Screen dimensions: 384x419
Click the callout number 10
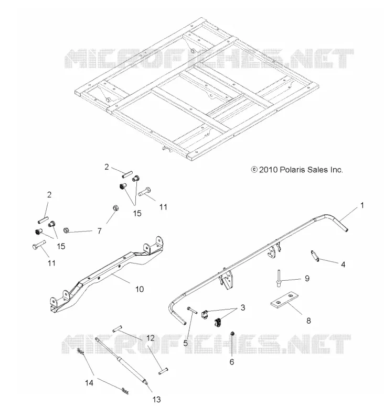point(140,289)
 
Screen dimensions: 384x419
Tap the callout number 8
point(308,321)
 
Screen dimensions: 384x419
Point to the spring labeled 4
point(315,256)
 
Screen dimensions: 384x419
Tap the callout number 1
point(362,205)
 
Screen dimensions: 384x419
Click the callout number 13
point(156,400)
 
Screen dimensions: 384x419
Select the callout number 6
point(232,362)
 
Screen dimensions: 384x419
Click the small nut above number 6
point(232,333)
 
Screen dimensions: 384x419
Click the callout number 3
point(243,307)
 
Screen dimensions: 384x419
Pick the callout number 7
point(100,231)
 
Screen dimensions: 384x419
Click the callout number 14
point(89,383)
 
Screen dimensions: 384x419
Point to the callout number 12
point(151,338)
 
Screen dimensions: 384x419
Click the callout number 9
point(307,279)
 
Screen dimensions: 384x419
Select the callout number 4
point(343,264)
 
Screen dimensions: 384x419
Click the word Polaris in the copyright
point(292,170)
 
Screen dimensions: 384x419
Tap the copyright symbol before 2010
point(254,170)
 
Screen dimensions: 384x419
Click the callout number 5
point(186,343)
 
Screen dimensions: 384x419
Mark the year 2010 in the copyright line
point(269,170)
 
